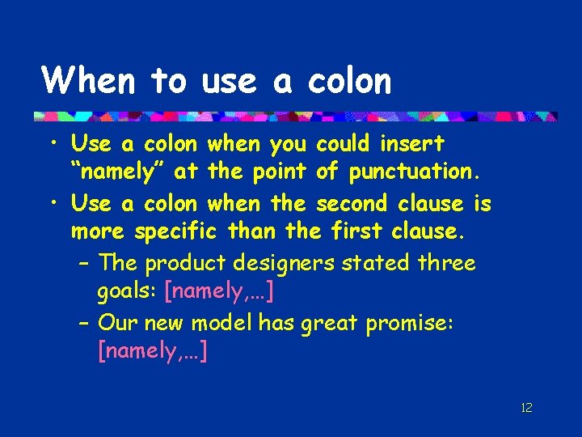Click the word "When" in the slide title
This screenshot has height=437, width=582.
pyautogui.click(x=89, y=81)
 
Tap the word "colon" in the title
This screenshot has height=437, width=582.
pyautogui.click(x=349, y=81)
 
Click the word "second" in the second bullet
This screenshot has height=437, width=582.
pyautogui.click(x=349, y=203)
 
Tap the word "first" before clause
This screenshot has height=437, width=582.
pyautogui.click(x=357, y=232)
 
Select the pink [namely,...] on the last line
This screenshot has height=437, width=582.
pyautogui.click(x=151, y=352)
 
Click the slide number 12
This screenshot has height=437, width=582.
pyautogui.click(x=526, y=407)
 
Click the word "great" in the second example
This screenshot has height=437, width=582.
pyautogui.click(x=330, y=323)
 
